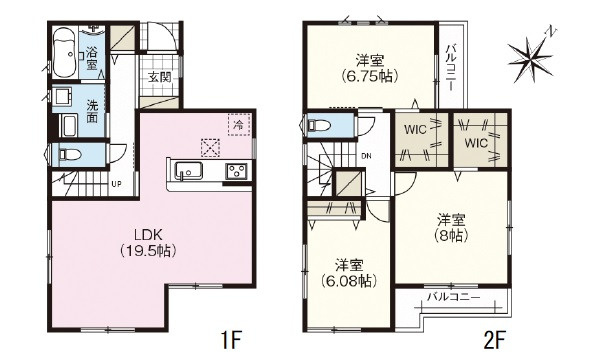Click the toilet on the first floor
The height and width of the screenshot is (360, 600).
[68, 154]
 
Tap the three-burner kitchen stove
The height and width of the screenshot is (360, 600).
[237, 169]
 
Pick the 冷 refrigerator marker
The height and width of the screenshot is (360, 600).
[238, 126]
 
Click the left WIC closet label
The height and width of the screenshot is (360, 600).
[416, 129]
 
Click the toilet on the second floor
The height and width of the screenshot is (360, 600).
[317, 127]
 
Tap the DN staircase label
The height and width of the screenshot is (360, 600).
[366, 155]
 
